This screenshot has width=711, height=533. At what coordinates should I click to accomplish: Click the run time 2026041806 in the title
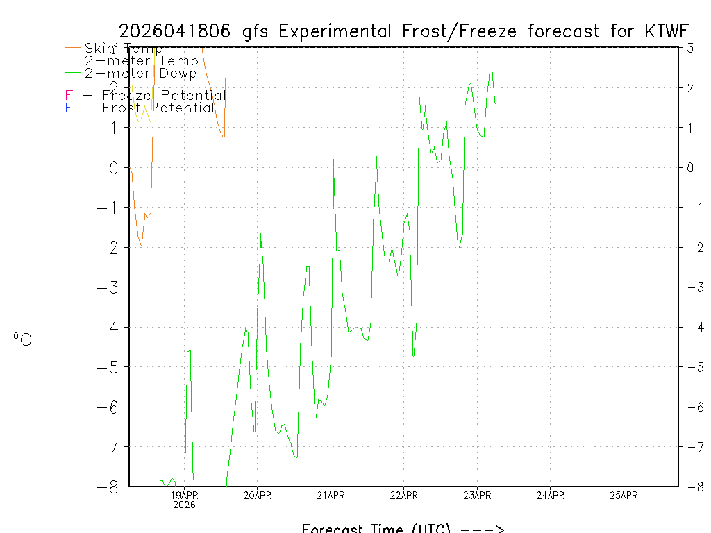click(175, 31)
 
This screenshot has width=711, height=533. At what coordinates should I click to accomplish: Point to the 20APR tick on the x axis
click(258, 495)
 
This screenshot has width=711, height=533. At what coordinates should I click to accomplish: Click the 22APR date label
click(404, 495)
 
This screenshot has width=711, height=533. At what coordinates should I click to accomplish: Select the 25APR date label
click(624, 495)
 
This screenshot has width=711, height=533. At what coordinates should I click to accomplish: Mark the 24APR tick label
click(551, 495)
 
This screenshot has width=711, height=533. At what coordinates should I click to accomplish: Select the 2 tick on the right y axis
click(689, 88)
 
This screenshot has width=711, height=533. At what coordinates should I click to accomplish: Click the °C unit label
click(22, 339)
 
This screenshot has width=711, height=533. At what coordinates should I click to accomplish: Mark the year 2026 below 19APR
click(185, 505)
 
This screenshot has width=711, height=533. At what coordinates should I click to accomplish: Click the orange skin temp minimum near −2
click(141, 246)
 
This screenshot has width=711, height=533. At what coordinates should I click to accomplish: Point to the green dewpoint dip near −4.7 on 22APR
click(413, 356)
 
